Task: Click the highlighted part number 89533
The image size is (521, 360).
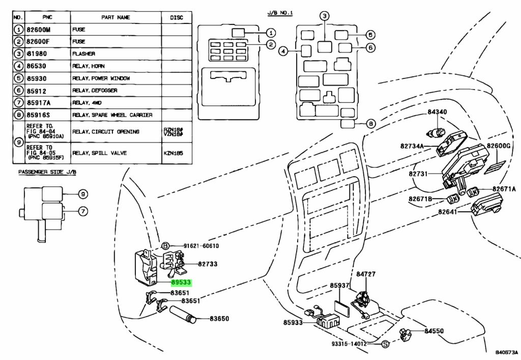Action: click(x=181, y=283)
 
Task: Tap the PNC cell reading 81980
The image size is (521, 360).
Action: click(x=37, y=54)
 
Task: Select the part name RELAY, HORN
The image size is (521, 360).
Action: click(x=89, y=66)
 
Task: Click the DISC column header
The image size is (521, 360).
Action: click(x=177, y=18)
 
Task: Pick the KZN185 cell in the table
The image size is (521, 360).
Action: click(x=173, y=153)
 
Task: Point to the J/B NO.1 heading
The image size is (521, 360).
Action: click(x=280, y=13)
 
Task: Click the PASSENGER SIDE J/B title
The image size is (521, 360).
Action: click(x=47, y=172)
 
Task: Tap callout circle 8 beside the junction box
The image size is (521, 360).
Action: click(x=371, y=124)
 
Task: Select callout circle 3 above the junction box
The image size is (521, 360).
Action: click(x=325, y=16)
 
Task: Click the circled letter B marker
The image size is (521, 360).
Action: click(x=165, y=246)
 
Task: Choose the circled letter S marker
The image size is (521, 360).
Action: click(x=385, y=344)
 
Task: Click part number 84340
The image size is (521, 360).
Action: click(x=437, y=112)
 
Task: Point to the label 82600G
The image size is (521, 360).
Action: click(x=499, y=146)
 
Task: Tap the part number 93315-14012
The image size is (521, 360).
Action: click(x=349, y=344)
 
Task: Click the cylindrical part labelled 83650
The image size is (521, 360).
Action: click(x=183, y=315)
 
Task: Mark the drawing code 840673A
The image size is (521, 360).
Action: click(x=507, y=352)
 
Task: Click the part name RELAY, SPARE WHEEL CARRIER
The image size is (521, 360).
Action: click(x=112, y=115)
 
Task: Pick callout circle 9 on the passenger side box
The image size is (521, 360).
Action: click(x=83, y=194)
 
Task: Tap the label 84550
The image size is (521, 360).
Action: click(x=434, y=331)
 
